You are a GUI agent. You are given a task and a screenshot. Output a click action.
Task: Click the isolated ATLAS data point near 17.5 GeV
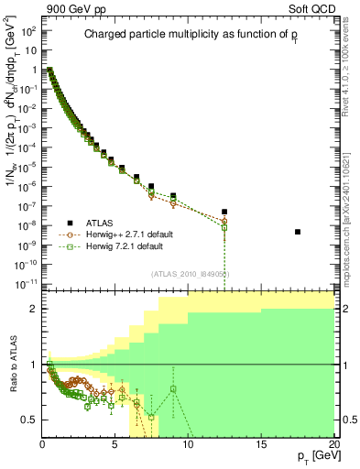coord(298,232)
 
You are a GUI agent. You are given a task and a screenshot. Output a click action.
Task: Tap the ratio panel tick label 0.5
coord(30,420)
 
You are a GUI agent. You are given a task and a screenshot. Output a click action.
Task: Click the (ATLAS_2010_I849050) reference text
coord(190,274)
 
